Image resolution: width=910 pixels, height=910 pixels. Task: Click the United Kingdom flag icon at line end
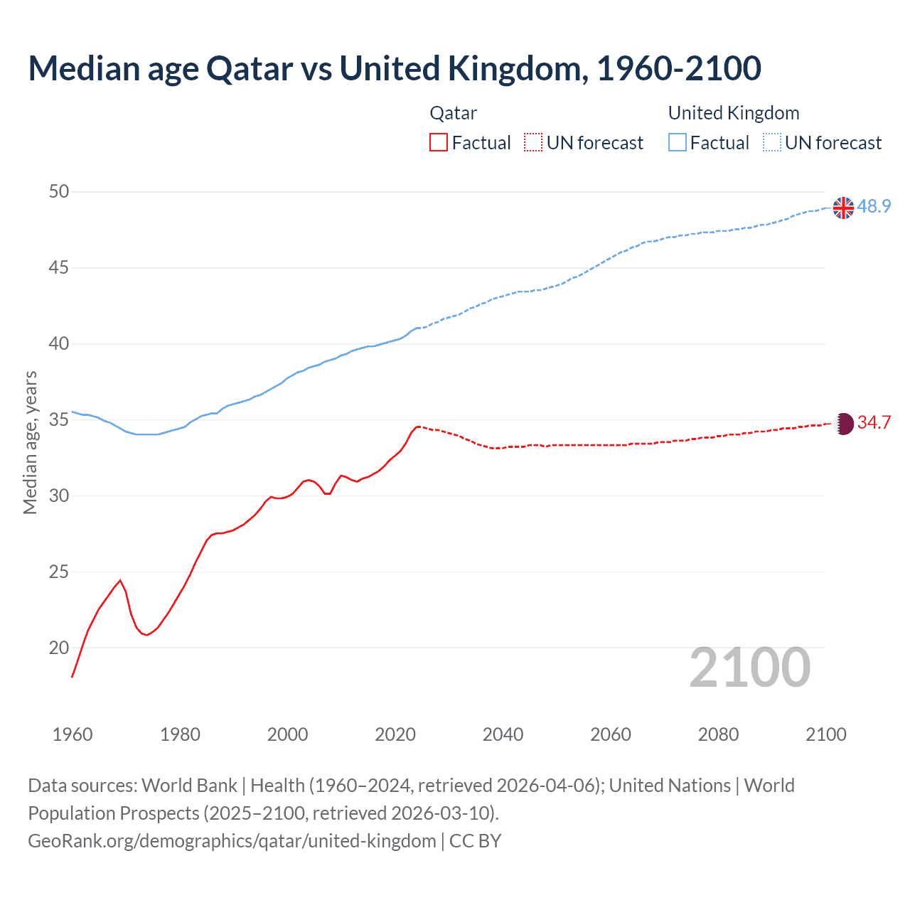click(843, 208)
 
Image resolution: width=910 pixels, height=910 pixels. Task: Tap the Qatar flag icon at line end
click(843, 424)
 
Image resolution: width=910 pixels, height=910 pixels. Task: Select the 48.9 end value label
click(874, 206)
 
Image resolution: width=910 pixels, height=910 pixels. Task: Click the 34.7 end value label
click(874, 422)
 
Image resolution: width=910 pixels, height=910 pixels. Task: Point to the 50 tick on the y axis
click(59, 191)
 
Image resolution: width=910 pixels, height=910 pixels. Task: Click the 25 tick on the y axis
click(59, 572)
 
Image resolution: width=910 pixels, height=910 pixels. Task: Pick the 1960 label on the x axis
click(73, 734)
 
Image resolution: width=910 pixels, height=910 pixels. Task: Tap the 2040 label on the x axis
click(503, 734)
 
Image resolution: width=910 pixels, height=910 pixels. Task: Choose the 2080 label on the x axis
click(718, 734)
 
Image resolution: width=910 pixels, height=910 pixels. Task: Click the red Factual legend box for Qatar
click(439, 142)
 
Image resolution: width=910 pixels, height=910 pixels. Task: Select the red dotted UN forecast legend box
click(533, 142)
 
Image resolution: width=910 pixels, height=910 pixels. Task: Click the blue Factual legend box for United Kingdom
click(677, 142)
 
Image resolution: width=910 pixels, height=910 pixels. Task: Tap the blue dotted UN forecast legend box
click(771, 142)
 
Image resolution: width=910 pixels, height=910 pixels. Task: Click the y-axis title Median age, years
click(30, 442)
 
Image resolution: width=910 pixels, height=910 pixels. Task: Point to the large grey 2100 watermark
click(749, 668)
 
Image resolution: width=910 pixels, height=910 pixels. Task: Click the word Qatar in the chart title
click(249, 68)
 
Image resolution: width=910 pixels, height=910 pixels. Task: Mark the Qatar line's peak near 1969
click(120, 580)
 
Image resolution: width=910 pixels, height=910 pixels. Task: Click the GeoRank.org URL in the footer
click(232, 841)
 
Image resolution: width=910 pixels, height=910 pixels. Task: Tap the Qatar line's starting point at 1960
click(73, 676)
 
